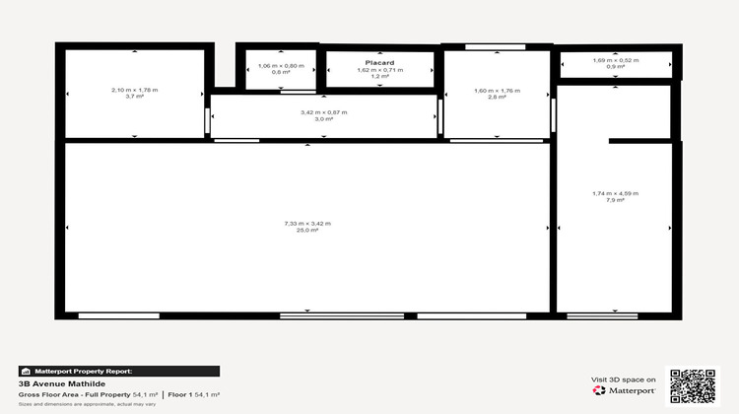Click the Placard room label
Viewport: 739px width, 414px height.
pyautogui.click(x=379, y=63)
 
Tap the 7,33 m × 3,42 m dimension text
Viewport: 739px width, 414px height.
pyautogui.click(x=307, y=224)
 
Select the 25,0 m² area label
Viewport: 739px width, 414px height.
pyautogui.click(x=307, y=231)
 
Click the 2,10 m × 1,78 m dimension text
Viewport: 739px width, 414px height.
pyautogui.click(x=134, y=90)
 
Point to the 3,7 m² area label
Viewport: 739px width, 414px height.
pyautogui.click(x=134, y=97)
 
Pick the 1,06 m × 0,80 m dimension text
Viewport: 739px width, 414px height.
pyautogui.click(x=281, y=66)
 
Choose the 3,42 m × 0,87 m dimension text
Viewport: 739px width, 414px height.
pyautogui.click(x=323, y=112)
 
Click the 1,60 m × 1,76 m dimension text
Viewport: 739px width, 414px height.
pyautogui.click(x=497, y=91)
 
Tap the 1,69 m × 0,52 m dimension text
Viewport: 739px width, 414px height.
pyautogui.click(x=616, y=61)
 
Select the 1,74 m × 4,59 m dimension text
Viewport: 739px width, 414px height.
pyautogui.click(x=616, y=193)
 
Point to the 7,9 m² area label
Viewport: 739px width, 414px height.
pyautogui.click(x=616, y=200)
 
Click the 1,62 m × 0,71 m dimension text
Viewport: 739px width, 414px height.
pyautogui.click(x=379, y=70)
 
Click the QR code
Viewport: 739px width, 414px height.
pyautogui.click(x=693, y=384)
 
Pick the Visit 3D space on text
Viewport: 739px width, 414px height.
pyautogui.click(x=623, y=379)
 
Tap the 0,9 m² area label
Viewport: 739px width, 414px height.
pyautogui.click(x=616, y=68)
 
